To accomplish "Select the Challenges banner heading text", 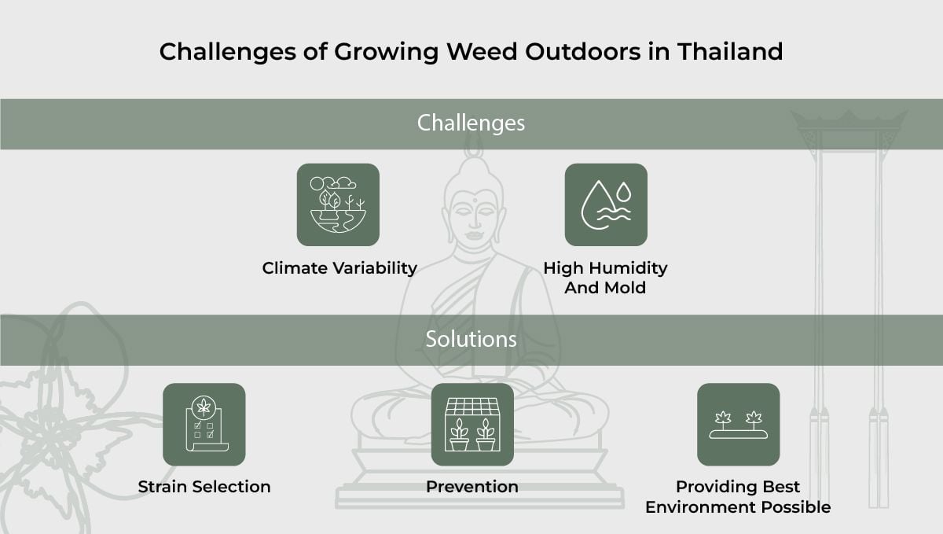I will (x=471, y=123).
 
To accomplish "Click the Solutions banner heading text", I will (x=471, y=340).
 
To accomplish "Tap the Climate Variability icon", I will (x=338, y=204).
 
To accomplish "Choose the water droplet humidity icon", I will (x=606, y=204).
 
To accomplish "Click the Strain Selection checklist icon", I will (x=204, y=425).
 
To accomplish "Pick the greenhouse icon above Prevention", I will (x=472, y=425).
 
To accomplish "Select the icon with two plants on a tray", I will (x=738, y=425).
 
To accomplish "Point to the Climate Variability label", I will (x=339, y=268).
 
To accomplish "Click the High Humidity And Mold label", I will (x=605, y=278).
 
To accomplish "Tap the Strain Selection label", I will (x=204, y=487).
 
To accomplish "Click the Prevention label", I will (x=472, y=487).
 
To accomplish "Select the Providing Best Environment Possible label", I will (x=738, y=497).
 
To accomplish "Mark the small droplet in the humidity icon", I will (x=624, y=191).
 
